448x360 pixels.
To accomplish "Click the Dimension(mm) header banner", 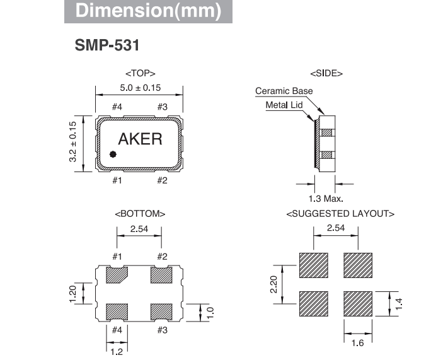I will point(148,11).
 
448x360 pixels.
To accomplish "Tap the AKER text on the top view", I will point(140,139).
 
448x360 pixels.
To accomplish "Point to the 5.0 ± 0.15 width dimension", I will point(139,87).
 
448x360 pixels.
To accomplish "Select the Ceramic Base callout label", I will point(284,91).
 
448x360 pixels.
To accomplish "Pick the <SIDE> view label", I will point(326,74).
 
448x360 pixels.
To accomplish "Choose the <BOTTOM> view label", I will point(140,214).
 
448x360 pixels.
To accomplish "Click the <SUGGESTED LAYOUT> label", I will point(340,214).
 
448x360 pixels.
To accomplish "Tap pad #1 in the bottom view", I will point(118,276).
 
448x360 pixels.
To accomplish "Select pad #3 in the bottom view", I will point(161,311).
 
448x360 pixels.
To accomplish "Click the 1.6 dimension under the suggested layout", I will point(358,342).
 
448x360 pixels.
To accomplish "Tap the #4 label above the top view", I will point(117,107).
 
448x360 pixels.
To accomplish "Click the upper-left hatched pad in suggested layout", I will point(313,265).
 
